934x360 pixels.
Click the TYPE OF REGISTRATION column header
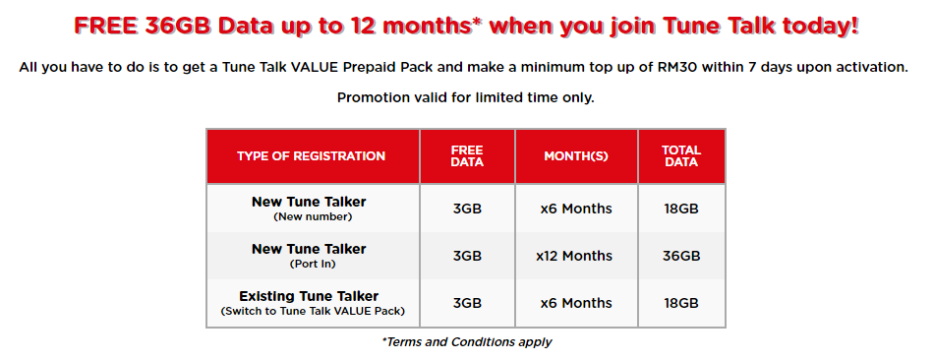[x=311, y=156]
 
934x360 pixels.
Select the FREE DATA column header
[x=467, y=155]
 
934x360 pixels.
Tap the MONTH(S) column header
[x=576, y=156]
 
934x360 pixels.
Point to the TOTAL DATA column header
[x=681, y=155]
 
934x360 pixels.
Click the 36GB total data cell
[x=681, y=256]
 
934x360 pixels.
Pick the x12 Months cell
[x=574, y=256]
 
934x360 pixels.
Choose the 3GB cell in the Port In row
[x=467, y=256]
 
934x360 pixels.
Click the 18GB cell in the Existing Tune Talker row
[x=681, y=303]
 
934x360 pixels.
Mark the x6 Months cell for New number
[x=576, y=209]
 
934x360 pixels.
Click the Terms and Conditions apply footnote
[x=466, y=342]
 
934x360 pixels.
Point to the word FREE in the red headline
[x=107, y=27]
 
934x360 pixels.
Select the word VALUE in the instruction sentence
[x=316, y=67]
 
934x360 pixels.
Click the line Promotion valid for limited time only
[x=466, y=97]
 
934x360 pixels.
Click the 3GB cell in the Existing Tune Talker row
[x=467, y=303]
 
